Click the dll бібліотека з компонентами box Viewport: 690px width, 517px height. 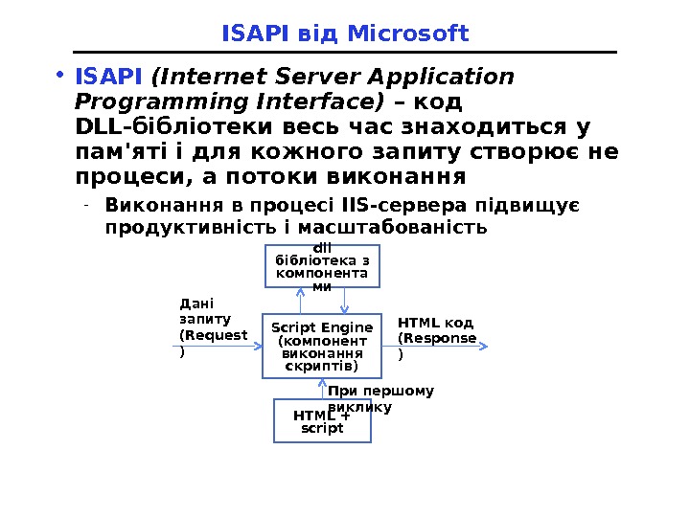[322, 266]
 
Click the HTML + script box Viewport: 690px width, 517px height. [322, 421]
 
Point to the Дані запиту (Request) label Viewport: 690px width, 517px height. [211, 326]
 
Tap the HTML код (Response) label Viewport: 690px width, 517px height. [436, 338]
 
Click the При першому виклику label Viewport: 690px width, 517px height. [380, 398]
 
